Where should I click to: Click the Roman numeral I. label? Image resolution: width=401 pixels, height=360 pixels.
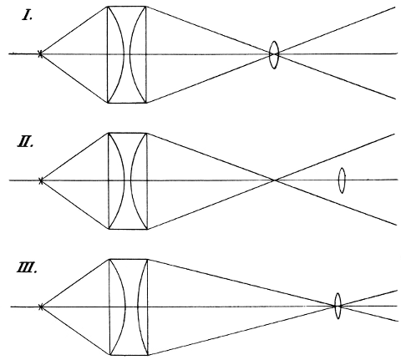pyautogui.click(x=28, y=16)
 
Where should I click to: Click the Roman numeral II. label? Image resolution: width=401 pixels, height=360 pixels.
pyautogui.click(x=25, y=142)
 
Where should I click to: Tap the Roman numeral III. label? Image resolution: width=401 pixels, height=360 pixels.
pyautogui.click(x=27, y=268)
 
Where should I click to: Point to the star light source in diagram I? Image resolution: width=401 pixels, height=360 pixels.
pyautogui.click(x=40, y=53)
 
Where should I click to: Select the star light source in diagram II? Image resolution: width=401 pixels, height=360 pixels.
pyautogui.click(x=41, y=180)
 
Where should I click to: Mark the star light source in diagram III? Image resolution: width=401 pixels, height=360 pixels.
pyautogui.click(x=41, y=307)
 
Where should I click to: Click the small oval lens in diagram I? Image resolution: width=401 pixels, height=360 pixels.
pyautogui.click(x=274, y=55)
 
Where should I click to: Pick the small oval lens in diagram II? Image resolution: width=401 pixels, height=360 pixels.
pyautogui.click(x=342, y=180)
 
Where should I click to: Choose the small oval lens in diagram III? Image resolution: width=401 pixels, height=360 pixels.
pyautogui.click(x=338, y=306)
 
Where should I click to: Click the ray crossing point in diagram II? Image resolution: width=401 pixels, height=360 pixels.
pyautogui.click(x=275, y=180)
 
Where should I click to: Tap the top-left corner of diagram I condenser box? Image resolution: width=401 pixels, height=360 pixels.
pyautogui.click(x=108, y=7)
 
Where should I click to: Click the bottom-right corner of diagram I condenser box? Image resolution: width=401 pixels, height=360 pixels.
pyautogui.click(x=146, y=103)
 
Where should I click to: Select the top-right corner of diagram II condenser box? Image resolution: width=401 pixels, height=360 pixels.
pyautogui.click(x=147, y=133)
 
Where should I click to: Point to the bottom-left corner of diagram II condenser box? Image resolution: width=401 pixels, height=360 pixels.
pyautogui.click(x=108, y=229)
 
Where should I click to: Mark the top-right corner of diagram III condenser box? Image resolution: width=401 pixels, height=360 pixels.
pyautogui.click(x=148, y=260)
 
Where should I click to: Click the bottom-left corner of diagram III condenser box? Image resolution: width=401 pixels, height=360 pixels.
pyautogui.click(x=109, y=355)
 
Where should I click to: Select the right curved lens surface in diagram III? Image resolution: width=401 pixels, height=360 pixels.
pyautogui.click(x=138, y=307)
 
